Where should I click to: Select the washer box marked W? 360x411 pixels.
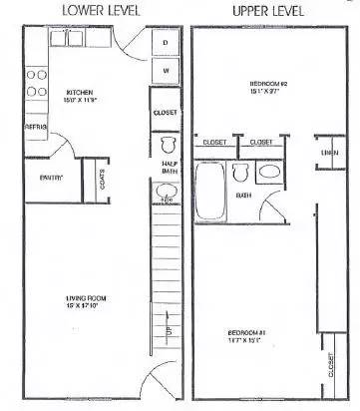pos(165,72)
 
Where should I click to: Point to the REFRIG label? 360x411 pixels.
pos(36,128)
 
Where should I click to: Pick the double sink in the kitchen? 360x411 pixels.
pos(72,41)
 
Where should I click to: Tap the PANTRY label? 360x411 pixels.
pos(52,178)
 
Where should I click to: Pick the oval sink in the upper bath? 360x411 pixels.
pos(270,173)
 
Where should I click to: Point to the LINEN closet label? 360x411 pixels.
pos(327,151)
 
